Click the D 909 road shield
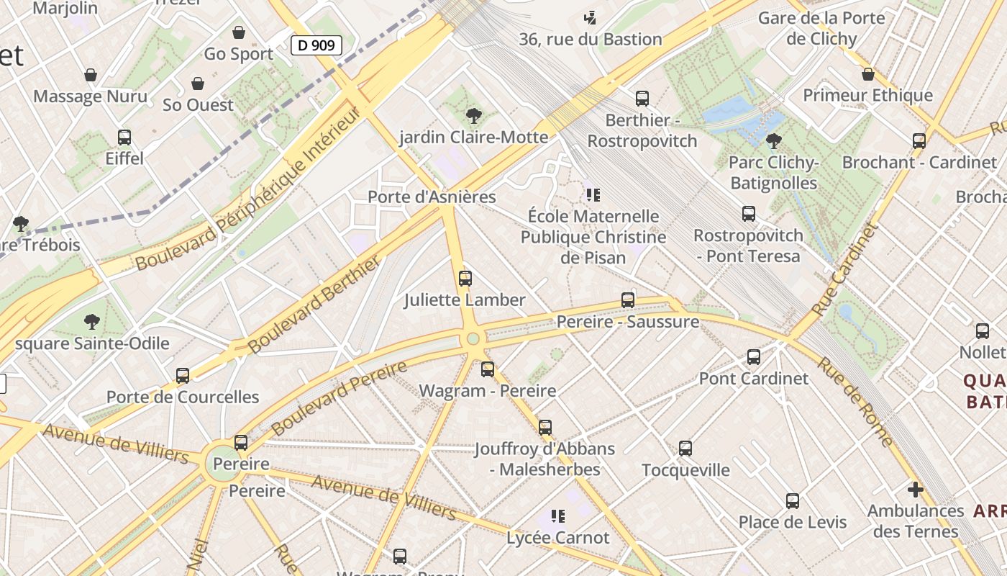[x=316, y=45]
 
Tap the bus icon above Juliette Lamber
[x=465, y=278]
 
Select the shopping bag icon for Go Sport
[x=239, y=32]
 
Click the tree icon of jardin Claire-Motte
[x=474, y=115]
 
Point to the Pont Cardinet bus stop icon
[x=754, y=356]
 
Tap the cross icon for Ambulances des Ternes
[x=915, y=490]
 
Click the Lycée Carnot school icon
[x=558, y=516]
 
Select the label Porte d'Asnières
[x=432, y=197]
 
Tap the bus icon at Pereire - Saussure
[x=628, y=300]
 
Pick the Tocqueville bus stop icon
[x=685, y=449]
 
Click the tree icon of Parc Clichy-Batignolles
[x=774, y=140]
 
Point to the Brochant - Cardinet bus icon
[x=919, y=140]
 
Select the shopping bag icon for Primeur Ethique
[x=868, y=74]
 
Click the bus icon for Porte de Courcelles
[x=183, y=375]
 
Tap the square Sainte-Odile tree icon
[x=92, y=321]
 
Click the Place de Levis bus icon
[x=793, y=500]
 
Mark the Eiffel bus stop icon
[x=124, y=137]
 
